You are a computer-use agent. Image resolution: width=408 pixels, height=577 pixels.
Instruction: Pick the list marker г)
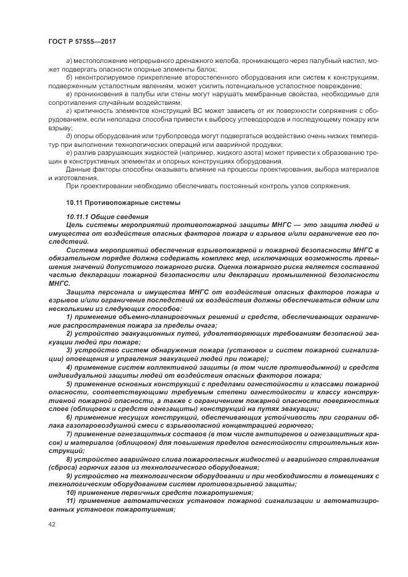coord(68,110)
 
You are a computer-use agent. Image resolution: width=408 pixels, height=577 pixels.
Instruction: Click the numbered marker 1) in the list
coord(69,317)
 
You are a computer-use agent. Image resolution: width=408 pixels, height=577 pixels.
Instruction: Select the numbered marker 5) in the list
coord(69,384)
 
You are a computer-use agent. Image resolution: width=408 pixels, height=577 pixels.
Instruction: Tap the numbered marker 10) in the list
coord(71,494)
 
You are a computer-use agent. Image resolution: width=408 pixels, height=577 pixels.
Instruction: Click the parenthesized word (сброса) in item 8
coord(62,468)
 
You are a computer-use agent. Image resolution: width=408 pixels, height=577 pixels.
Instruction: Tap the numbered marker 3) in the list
coord(69,350)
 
